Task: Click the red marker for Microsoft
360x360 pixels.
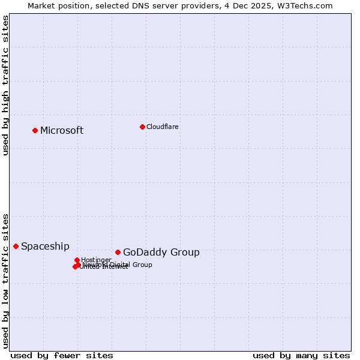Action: (x=35, y=130)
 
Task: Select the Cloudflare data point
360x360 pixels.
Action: (x=142, y=127)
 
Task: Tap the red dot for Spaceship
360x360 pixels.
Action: (x=16, y=246)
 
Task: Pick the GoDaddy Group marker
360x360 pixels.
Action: (x=118, y=252)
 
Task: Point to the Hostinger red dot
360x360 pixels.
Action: (x=77, y=260)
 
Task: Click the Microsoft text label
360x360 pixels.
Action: (x=62, y=131)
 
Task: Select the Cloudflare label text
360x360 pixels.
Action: (x=163, y=127)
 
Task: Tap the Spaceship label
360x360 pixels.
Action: (x=45, y=247)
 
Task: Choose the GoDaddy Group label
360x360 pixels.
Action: (x=161, y=253)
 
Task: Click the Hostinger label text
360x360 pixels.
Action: (x=96, y=260)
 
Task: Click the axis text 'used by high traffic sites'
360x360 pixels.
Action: (x=6, y=85)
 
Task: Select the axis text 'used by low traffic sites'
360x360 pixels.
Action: (x=6, y=281)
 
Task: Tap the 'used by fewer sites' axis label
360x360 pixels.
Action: (x=62, y=355)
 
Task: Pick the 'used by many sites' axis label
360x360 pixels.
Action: (x=301, y=355)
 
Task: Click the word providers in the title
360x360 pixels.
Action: (x=199, y=6)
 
